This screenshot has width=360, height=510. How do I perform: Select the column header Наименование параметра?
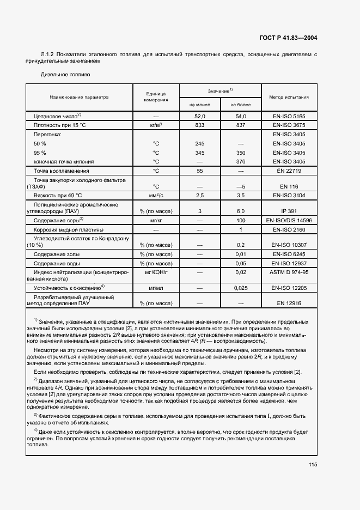coord(79,97)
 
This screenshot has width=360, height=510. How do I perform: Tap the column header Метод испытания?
coord(289,97)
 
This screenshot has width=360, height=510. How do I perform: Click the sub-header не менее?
coord(199,104)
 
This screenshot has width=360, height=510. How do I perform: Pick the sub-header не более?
coord(241,104)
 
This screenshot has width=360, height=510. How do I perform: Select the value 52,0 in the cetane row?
coord(199,117)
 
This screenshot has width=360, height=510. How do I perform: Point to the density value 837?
coord(241,125)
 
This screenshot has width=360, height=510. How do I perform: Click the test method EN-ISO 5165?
coord(289,117)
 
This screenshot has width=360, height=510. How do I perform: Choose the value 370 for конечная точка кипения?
coord(241,161)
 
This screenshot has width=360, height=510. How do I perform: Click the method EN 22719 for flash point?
coord(289,171)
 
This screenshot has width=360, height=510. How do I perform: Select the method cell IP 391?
coord(289,210)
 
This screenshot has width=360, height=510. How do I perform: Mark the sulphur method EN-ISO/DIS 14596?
coord(289,220)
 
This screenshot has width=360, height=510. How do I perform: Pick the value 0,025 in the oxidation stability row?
coord(241,287)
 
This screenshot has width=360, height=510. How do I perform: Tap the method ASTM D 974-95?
coord(289,271)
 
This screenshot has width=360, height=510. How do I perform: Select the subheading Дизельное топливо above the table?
coord(66,74)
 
